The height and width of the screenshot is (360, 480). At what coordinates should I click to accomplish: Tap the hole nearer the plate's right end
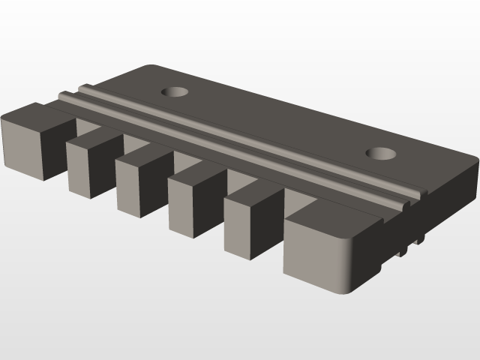[x=382, y=154]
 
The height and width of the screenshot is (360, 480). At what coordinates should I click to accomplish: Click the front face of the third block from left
[x=132, y=184]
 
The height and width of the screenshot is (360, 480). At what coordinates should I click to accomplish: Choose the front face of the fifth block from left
[x=241, y=228]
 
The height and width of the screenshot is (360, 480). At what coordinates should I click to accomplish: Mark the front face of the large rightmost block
[x=311, y=251]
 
